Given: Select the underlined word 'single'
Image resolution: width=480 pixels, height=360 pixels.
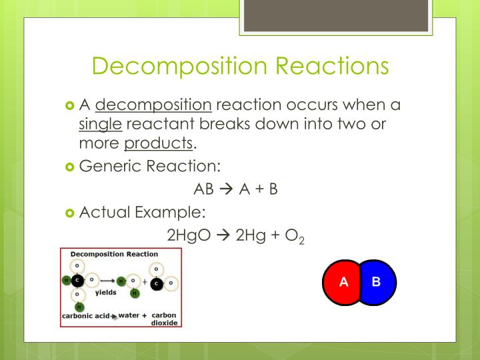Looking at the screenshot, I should [x=99, y=124].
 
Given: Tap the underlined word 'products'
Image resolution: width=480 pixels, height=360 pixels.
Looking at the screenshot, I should [x=158, y=143].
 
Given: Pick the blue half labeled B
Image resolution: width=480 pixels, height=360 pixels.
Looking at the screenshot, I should [x=377, y=281].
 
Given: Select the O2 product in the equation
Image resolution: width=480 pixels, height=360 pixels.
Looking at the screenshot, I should [x=293, y=237].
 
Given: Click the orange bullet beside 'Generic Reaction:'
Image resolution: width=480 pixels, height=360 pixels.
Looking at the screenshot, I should [x=71, y=165].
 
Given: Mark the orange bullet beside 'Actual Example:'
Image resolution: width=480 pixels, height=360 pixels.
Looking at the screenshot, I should [x=71, y=213].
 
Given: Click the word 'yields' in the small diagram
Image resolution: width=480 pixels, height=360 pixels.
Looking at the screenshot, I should [x=105, y=293].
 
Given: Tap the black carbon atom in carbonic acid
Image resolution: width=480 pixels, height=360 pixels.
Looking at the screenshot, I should [x=77, y=279].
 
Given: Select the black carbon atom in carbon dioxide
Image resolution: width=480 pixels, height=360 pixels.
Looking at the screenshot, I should [x=156, y=283].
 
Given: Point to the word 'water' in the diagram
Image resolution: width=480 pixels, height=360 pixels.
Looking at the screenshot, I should [x=129, y=315].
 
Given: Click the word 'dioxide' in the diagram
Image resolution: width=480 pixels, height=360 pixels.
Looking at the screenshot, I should [x=164, y=323].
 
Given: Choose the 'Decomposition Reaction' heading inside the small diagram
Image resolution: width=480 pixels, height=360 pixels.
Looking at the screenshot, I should [x=114, y=254].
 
